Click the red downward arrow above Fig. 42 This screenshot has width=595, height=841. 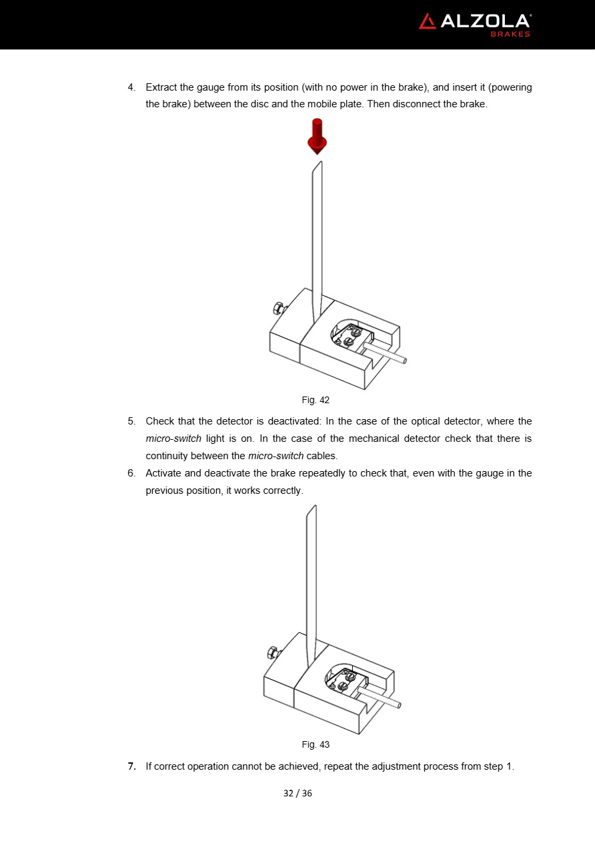point(317,137)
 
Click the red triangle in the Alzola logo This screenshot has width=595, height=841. point(427,21)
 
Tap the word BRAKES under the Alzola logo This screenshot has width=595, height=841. point(510,34)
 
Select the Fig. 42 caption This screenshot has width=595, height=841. point(316,401)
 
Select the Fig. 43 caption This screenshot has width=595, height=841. point(316,744)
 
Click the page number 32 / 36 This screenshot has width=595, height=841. point(297,793)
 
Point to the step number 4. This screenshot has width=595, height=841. point(131,87)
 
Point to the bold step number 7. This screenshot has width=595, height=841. point(131,766)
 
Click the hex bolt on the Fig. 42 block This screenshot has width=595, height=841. point(278,308)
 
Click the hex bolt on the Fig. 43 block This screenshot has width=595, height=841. point(272,652)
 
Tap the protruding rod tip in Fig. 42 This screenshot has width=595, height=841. point(404,361)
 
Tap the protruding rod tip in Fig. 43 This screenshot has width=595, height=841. point(398,704)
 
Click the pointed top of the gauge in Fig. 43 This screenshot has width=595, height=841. point(314,506)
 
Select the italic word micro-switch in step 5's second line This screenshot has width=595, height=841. point(173,438)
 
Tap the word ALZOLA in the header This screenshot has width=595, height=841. point(484,21)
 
